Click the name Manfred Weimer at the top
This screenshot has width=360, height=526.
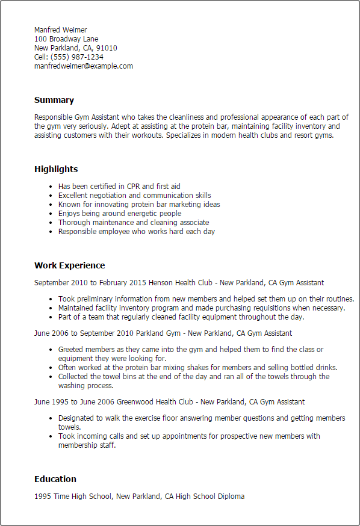60,30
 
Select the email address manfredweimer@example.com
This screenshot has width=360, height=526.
83,66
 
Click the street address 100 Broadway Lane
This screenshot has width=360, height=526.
66,39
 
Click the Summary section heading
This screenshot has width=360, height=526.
54,100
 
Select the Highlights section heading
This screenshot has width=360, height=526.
56,169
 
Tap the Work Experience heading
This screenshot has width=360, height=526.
69,265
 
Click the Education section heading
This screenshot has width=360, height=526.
55,479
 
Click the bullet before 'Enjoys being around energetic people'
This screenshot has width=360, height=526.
49,214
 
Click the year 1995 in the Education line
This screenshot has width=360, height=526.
42,497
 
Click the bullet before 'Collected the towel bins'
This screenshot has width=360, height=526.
49,377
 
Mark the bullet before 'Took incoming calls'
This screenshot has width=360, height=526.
49,436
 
